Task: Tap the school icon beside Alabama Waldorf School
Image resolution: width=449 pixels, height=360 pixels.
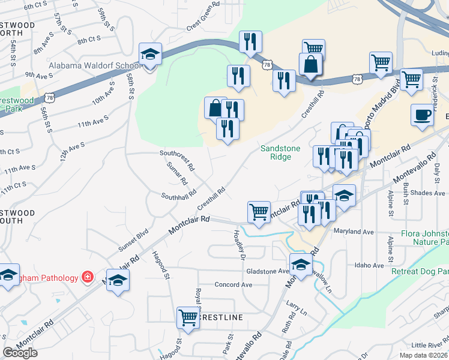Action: [x=149, y=55]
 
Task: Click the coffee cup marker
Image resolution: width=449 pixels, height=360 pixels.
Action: [x=422, y=115]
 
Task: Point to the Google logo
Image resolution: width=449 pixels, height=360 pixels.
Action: [x=20, y=353]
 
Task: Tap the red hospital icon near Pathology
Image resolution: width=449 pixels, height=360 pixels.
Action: [x=88, y=277]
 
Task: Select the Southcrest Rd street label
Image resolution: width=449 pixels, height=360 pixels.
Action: [x=177, y=153]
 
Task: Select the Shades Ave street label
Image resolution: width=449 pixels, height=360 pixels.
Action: [x=428, y=193]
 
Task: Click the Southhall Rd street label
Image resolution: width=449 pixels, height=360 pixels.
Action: [x=178, y=196]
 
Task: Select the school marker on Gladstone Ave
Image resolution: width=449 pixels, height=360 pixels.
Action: [x=301, y=263]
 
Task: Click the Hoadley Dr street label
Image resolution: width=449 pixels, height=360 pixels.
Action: [x=236, y=246]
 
